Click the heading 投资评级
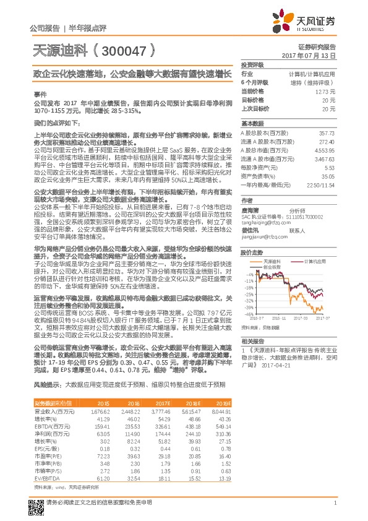[x=252, y=64]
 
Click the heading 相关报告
[x=252, y=341]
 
